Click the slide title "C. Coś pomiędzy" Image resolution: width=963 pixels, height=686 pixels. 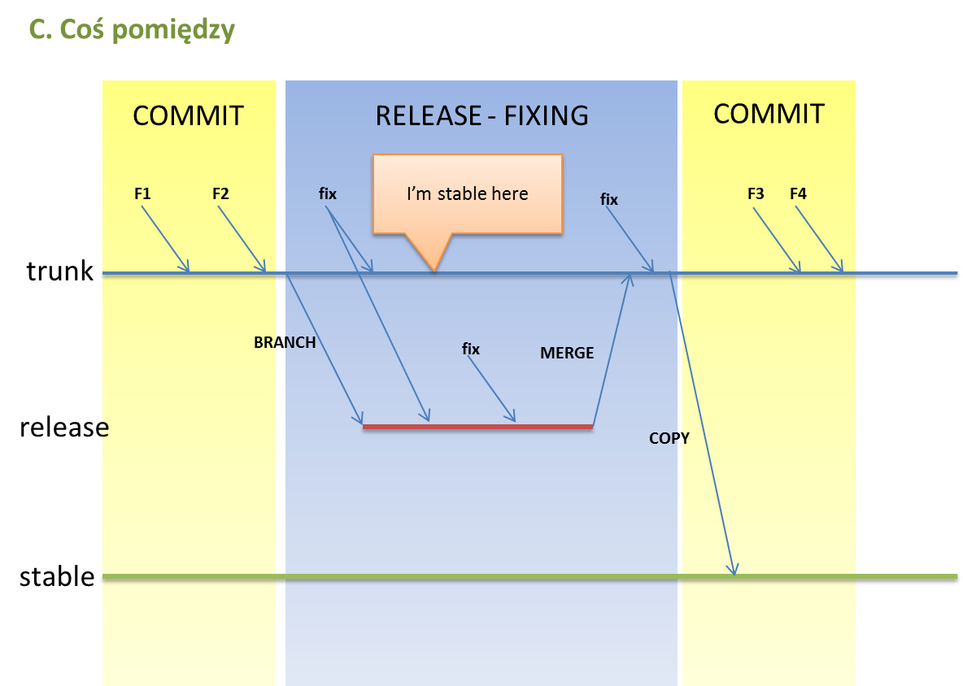(x=132, y=30)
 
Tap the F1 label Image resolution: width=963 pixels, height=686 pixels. (x=142, y=194)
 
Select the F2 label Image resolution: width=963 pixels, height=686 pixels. (x=220, y=194)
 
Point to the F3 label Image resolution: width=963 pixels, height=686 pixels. (x=756, y=194)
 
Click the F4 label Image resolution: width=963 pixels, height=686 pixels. (x=798, y=194)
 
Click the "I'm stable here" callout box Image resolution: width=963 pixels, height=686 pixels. (x=468, y=194)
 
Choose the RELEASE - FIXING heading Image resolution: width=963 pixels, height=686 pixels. (x=482, y=115)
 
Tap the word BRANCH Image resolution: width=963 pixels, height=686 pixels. (x=285, y=342)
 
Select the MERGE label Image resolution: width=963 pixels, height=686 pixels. (x=567, y=353)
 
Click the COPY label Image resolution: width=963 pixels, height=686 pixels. (x=669, y=438)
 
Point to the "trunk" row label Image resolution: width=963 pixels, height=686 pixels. (x=59, y=271)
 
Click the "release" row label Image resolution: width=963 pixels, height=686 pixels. (x=64, y=427)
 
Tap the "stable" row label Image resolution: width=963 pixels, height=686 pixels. (x=57, y=577)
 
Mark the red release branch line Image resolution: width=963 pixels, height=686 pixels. (x=477, y=427)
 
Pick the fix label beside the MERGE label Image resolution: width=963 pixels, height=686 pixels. (x=471, y=350)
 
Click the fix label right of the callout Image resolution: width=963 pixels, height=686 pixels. (x=609, y=199)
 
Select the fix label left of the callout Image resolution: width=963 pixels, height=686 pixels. (x=328, y=194)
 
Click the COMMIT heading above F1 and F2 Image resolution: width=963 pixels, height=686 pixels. (x=189, y=115)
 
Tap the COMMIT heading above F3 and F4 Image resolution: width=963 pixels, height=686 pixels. (x=769, y=114)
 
